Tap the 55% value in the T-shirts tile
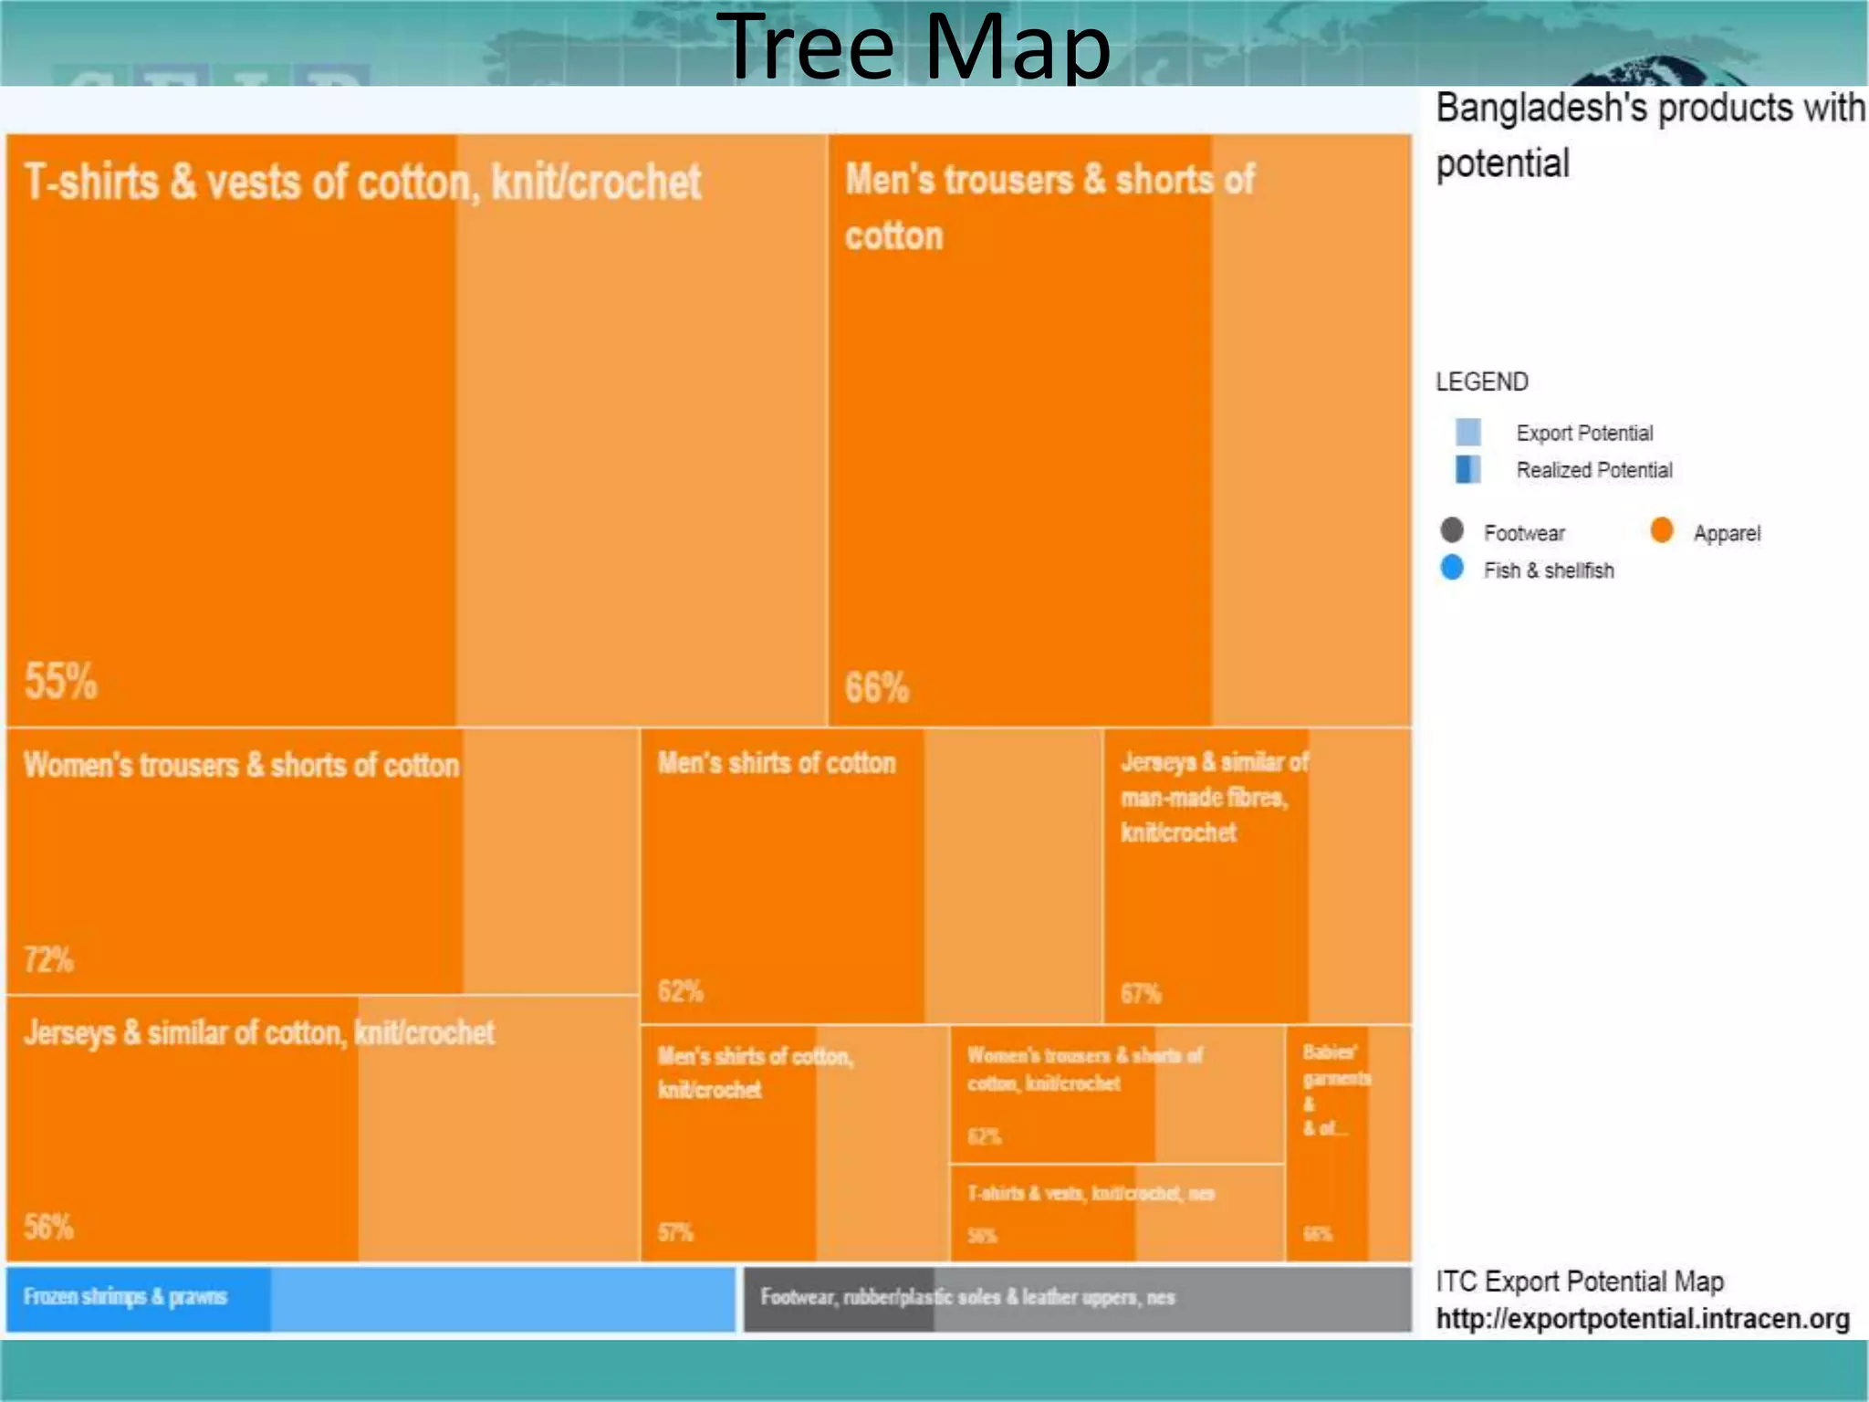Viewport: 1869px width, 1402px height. click(60, 681)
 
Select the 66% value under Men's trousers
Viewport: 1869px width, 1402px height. click(876, 687)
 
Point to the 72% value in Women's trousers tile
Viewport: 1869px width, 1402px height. click(48, 959)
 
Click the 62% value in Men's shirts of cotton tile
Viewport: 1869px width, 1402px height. click(680, 991)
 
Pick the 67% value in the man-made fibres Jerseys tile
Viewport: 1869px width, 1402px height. click(1140, 993)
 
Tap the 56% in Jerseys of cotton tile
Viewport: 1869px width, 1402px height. click(48, 1227)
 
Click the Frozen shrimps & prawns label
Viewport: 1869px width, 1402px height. click(125, 1297)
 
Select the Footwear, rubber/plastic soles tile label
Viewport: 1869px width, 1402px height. click(967, 1297)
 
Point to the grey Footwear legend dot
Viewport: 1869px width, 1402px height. click(1452, 530)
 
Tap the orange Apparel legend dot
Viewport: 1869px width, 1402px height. click(1662, 530)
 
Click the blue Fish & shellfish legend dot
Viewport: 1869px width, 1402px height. click(1452, 568)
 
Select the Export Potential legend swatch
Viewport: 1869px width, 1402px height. click(1467, 432)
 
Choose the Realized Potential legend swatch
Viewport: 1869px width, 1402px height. click(1467, 469)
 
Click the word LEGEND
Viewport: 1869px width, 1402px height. click(1481, 382)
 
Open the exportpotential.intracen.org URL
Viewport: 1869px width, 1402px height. click(1642, 1319)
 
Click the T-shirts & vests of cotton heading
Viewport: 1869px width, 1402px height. click(362, 182)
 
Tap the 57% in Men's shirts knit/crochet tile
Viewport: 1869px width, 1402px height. click(675, 1232)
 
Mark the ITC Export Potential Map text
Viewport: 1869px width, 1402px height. click(1580, 1282)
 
